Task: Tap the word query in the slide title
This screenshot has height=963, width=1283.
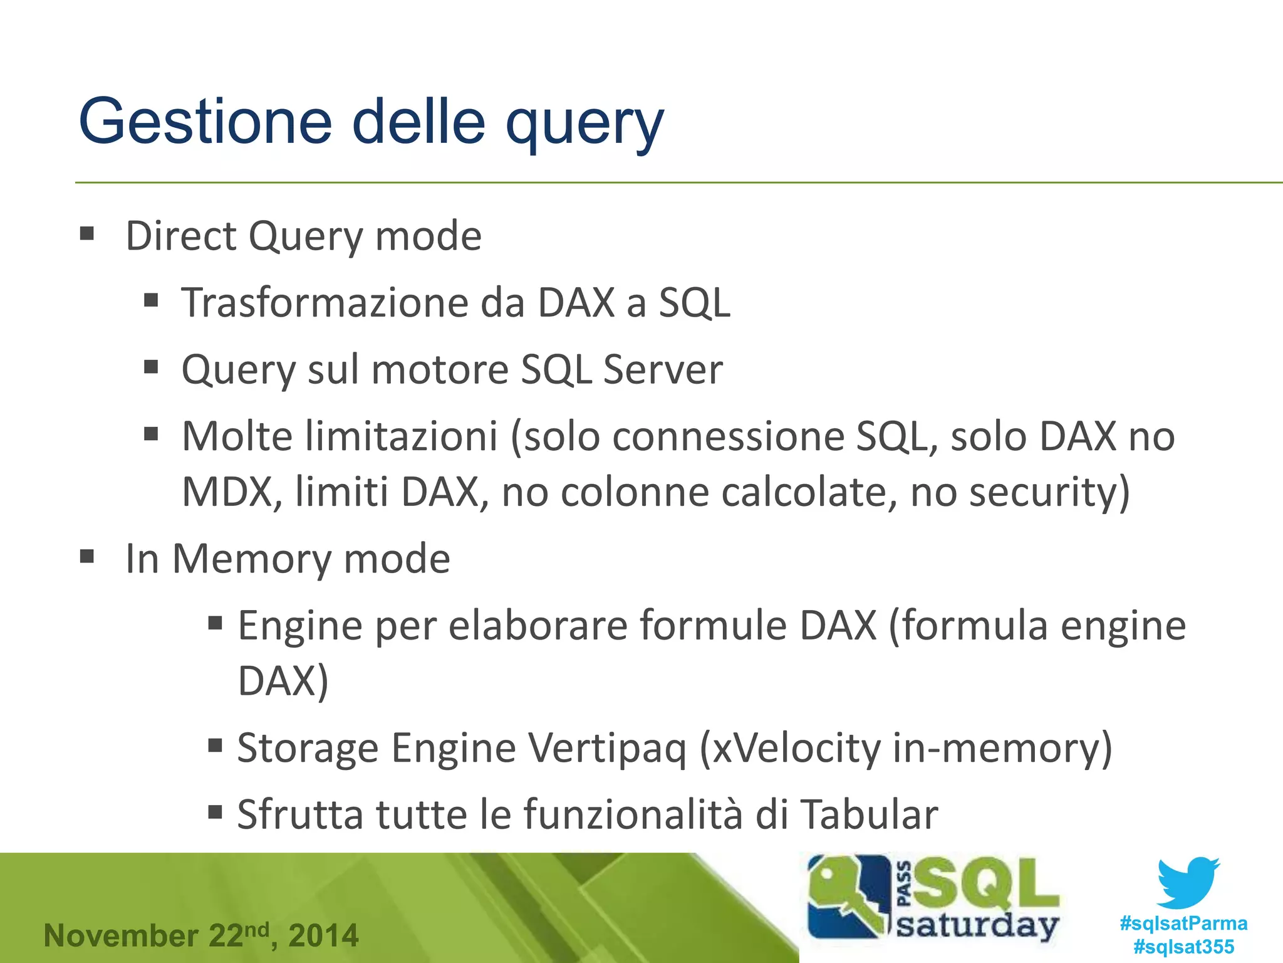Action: (x=584, y=125)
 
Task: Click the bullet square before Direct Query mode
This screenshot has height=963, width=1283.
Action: (x=87, y=234)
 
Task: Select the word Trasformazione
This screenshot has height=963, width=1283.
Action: (x=325, y=303)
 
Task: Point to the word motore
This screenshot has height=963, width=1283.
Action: (x=440, y=369)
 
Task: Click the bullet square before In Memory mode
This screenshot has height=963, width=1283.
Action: (x=87, y=556)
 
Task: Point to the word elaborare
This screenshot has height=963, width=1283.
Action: (x=538, y=626)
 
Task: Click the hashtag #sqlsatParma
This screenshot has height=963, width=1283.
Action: (x=1183, y=923)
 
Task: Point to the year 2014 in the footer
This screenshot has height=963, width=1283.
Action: (x=323, y=935)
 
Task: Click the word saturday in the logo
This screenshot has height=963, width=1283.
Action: (x=977, y=925)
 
